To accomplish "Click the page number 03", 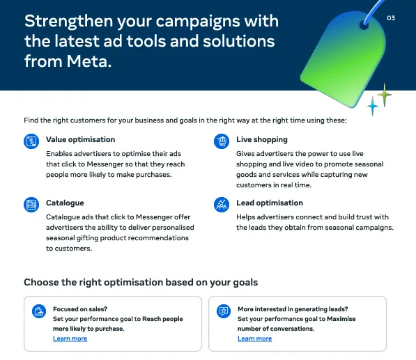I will (390, 18).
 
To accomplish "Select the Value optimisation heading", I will (80, 139).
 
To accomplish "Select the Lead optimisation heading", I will (270, 203).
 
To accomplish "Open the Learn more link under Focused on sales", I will (70, 338).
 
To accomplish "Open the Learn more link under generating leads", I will (254, 338).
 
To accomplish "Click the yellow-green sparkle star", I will (384, 93).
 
